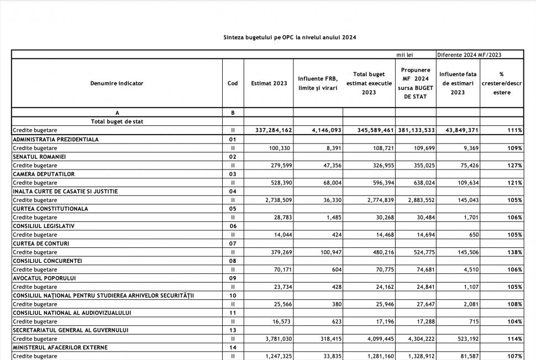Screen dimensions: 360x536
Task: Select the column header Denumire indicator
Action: tap(117, 83)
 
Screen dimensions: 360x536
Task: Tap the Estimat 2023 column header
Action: tap(269, 83)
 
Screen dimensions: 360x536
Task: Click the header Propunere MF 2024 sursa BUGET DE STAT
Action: tap(416, 83)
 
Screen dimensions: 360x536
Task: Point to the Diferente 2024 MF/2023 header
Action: tap(472, 55)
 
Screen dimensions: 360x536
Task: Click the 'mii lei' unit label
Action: tap(404, 55)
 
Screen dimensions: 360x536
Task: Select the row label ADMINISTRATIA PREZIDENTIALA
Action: tap(56, 140)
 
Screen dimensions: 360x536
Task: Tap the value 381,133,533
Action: tap(416, 130)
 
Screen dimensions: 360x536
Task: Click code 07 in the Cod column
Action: tap(233, 243)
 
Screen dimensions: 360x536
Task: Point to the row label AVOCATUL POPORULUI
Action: tap(44, 278)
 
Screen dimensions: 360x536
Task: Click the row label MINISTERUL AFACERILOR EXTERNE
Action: tap(60, 348)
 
